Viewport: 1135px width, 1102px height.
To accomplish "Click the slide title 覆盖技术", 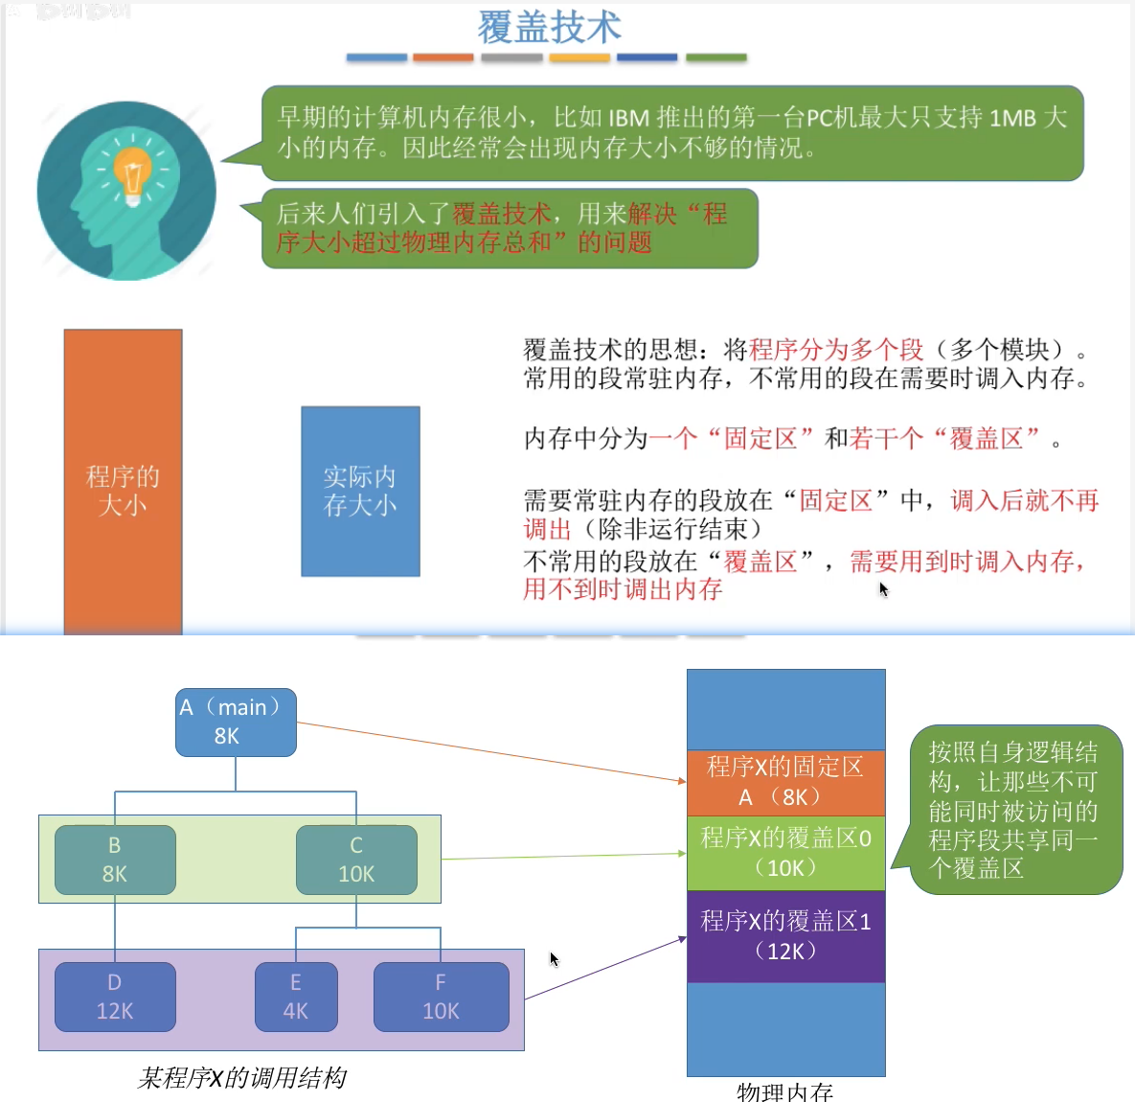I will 549,28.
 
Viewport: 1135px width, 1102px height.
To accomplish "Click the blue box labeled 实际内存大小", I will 360,491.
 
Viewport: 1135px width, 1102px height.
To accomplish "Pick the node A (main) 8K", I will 236,722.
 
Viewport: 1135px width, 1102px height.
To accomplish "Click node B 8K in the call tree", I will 115,860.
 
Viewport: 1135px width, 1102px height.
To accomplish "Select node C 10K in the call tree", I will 356,860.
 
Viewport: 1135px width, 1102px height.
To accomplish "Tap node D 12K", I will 115,997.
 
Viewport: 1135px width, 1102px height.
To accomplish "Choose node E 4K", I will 296,997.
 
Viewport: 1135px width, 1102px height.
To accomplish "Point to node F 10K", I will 441,997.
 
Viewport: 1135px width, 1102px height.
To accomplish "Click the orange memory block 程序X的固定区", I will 785,782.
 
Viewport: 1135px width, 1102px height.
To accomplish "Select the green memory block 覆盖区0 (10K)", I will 785,852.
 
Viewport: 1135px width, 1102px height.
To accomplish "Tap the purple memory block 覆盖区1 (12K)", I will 785,936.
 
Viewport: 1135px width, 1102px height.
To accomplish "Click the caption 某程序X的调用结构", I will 241,1078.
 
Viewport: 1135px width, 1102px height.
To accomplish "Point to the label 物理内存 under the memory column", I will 784,1091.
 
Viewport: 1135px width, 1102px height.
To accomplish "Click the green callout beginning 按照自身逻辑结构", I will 1014,810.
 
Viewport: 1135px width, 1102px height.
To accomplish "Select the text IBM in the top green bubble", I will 628,118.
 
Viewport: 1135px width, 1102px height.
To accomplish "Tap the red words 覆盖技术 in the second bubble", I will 501,214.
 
